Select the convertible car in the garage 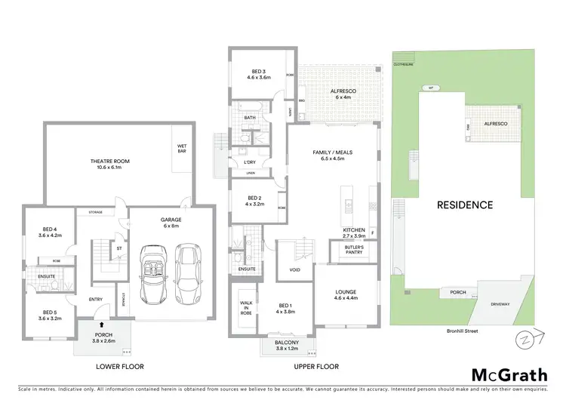(153, 266)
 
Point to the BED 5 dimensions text (50, 317)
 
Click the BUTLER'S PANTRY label (354, 251)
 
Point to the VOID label (295, 269)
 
